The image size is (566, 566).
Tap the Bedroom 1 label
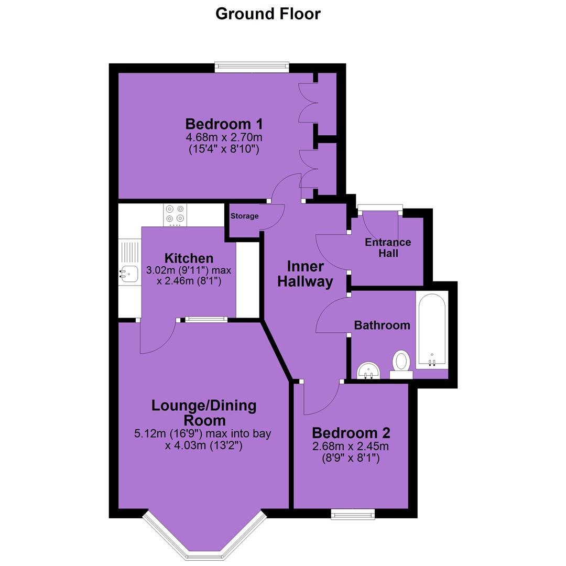tap(224, 124)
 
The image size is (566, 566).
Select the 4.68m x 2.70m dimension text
tap(224, 137)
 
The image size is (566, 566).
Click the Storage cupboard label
tap(244, 216)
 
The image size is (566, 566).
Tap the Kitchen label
tap(189, 258)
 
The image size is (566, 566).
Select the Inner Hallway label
tap(305, 274)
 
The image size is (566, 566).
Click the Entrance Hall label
tap(388, 247)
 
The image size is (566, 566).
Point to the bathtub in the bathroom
tap(432, 330)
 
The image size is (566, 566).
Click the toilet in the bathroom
tap(401, 364)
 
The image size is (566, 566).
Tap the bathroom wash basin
tap(368, 371)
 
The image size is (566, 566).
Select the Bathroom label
tap(382, 325)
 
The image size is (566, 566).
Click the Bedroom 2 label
tap(351, 432)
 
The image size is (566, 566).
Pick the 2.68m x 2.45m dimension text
tap(351, 446)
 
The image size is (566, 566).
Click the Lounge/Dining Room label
tap(204, 413)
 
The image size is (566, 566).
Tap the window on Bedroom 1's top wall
tap(252, 67)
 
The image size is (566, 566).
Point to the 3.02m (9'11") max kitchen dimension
tap(189, 270)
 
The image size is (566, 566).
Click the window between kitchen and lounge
tap(206, 319)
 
